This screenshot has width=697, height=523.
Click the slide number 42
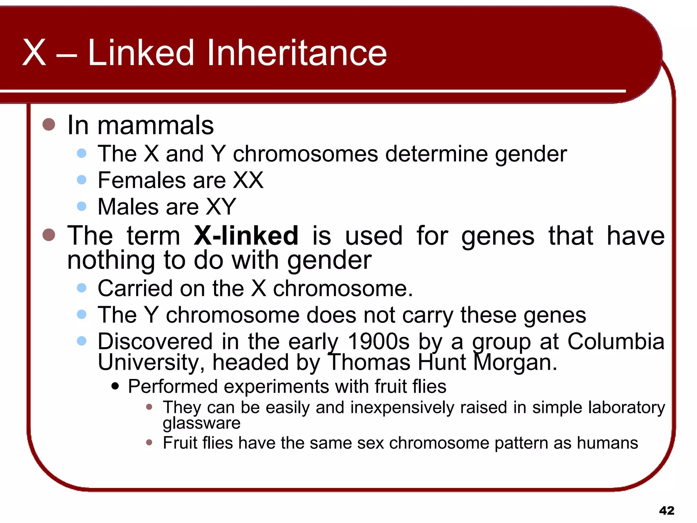666,510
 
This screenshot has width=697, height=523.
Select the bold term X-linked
246,236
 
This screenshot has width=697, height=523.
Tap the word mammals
156,125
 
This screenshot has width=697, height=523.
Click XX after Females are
248,180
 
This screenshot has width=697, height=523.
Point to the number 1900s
378,342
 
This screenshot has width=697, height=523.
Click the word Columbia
616,342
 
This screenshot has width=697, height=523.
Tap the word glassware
201,423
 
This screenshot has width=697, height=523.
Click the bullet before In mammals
49,125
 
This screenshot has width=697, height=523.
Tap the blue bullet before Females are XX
82,179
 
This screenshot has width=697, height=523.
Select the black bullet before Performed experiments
115,386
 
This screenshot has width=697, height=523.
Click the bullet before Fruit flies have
149,443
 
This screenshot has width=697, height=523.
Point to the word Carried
135,288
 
